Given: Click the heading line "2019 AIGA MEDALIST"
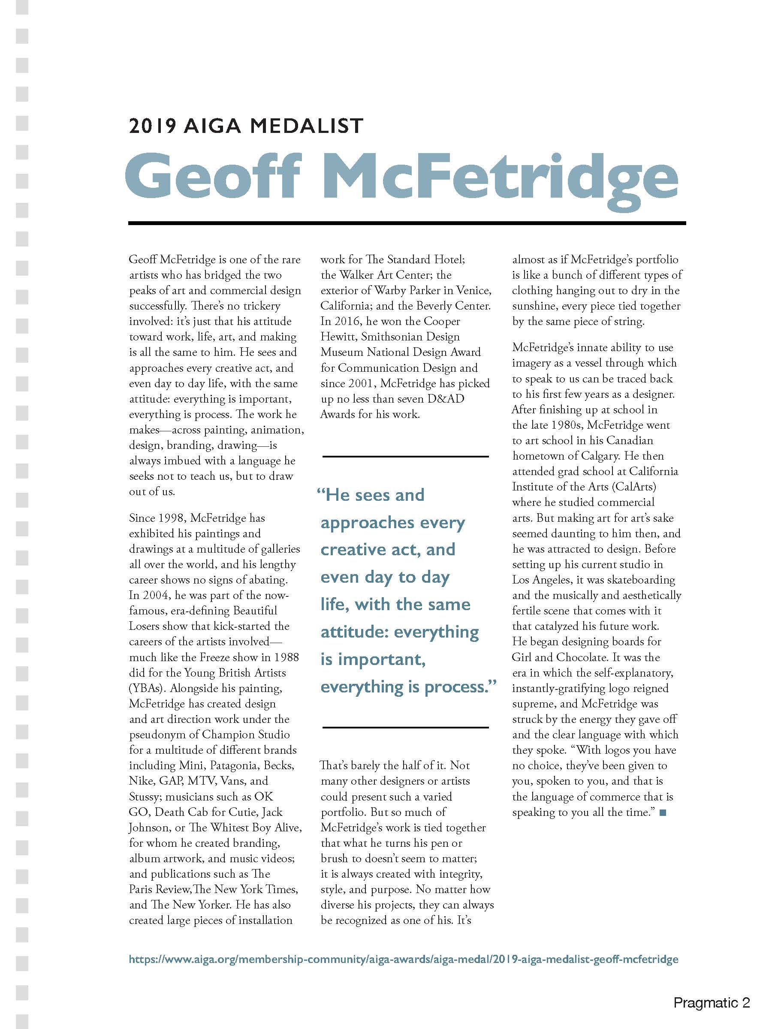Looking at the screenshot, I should click(246, 126).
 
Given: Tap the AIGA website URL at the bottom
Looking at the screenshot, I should click(403, 959).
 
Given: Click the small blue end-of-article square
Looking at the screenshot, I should click(663, 812).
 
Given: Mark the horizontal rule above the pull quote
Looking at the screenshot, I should click(405, 456).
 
